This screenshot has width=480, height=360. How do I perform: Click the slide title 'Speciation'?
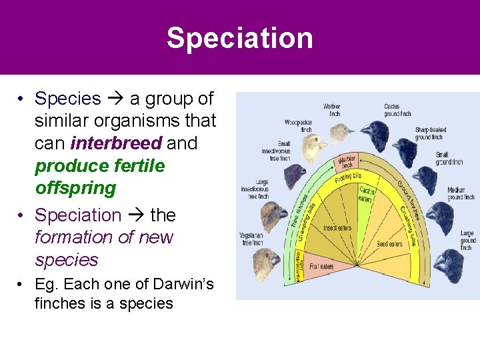[x=239, y=38]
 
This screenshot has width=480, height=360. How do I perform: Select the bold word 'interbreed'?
[x=116, y=143]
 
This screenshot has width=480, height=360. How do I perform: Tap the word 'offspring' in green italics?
[x=75, y=188]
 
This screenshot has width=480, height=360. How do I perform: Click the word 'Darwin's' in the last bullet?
[x=177, y=284]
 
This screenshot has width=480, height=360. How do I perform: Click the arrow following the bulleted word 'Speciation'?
[x=135, y=215]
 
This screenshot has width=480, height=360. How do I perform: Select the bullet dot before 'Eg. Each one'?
[x=22, y=285]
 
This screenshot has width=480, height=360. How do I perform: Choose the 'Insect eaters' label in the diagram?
[x=337, y=228]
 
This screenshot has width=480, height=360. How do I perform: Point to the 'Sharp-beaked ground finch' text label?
[x=431, y=133]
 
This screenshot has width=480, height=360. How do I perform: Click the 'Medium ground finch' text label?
[x=461, y=193]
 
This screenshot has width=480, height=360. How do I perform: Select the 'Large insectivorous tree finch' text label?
[x=255, y=189]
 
